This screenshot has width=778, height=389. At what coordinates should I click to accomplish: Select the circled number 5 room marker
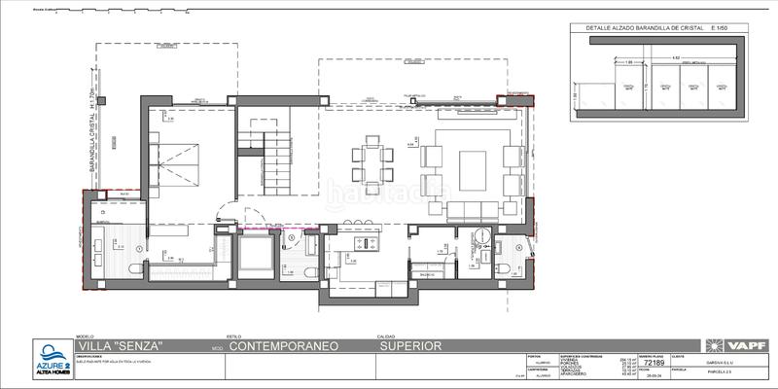tap(293, 237)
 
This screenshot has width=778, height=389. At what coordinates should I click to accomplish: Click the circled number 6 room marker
tap(519, 247)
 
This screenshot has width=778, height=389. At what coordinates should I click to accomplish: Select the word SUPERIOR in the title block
tap(410, 345)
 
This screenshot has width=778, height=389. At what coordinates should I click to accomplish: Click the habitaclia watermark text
tap(389, 193)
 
